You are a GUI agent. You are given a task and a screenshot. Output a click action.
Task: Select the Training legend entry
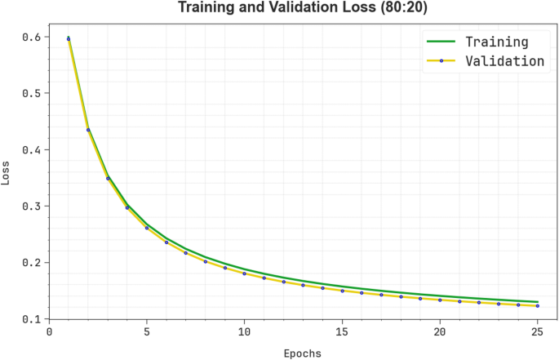(496, 42)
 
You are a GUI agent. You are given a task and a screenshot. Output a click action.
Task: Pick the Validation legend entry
(504, 60)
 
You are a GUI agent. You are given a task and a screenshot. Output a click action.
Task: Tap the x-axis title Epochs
(302, 353)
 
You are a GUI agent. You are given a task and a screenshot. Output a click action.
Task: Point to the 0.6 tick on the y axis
(32, 37)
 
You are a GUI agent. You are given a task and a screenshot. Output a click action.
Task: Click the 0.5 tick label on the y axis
(32, 93)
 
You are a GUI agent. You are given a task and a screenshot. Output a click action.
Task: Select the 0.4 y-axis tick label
(32, 149)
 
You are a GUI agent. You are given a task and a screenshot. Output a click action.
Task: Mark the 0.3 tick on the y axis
(32, 206)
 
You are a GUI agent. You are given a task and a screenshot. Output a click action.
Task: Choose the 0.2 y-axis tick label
(32, 262)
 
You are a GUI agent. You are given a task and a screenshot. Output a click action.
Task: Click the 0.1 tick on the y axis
(32, 318)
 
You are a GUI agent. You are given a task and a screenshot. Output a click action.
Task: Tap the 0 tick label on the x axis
(49, 332)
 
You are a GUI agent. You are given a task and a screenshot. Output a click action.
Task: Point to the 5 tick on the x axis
(147, 332)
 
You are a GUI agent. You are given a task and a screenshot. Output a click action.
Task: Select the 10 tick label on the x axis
(244, 332)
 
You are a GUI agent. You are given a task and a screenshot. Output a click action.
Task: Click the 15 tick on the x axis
(342, 332)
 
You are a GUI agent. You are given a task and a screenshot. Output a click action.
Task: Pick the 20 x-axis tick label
(440, 332)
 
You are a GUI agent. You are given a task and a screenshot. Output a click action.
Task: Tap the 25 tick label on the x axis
(537, 332)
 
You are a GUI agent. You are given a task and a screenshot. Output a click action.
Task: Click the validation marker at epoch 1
(69, 38)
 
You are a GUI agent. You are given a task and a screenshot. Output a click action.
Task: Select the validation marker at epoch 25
(537, 306)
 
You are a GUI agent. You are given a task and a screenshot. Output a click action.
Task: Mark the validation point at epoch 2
(88, 130)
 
